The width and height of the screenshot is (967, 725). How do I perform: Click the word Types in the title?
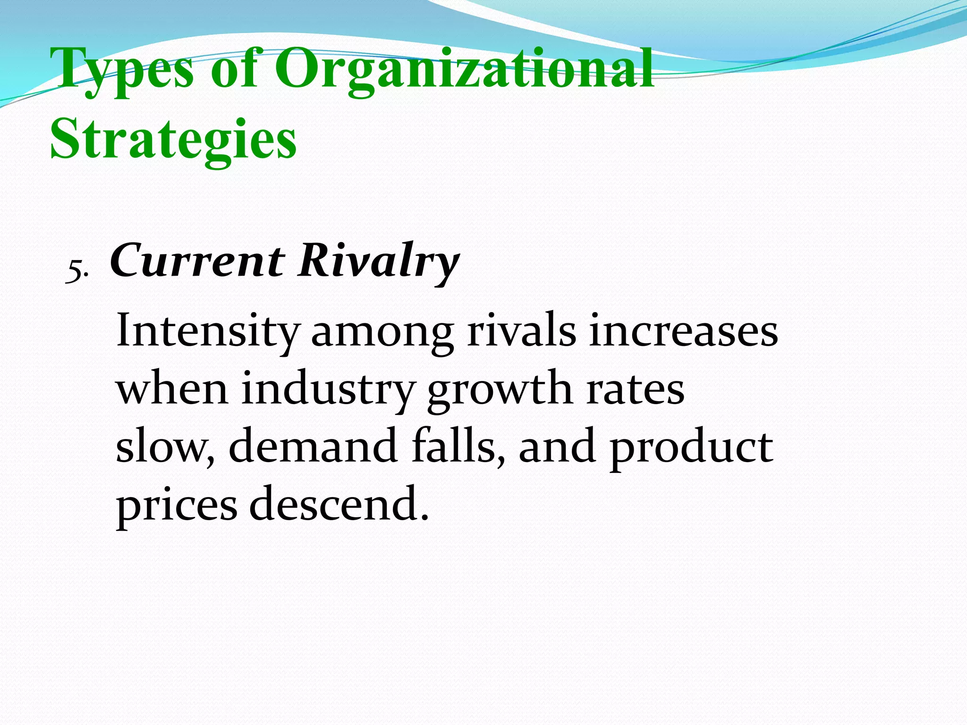[122, 71]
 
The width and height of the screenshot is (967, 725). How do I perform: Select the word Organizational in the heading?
[465, 71]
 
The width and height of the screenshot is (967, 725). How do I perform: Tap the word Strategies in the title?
[173, 140]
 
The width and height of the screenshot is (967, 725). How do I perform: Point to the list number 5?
[76, 271]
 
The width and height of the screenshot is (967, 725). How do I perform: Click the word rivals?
[522, 331]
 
